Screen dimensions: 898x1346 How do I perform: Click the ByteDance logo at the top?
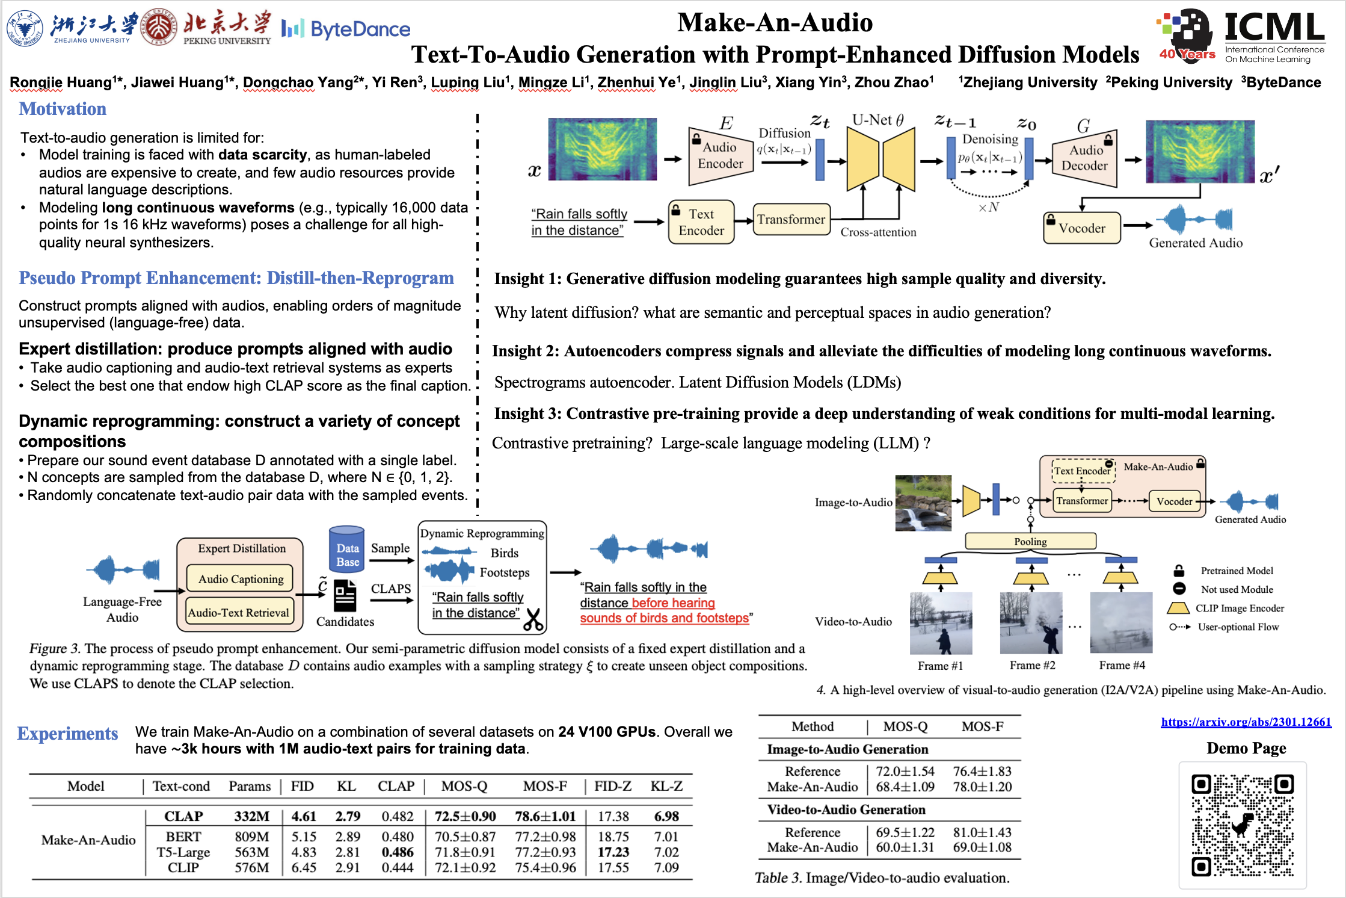[x=346, y=29]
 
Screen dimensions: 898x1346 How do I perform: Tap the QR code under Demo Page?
[x=1243, y=825]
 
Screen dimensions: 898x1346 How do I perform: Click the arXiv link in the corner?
[x=1246, y=722]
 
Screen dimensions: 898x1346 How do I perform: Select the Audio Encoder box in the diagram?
[x=720, y=155]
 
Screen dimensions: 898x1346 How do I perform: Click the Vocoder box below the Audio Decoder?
[x=1081, y=228]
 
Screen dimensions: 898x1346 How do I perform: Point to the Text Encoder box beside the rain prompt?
[x=701, y=222]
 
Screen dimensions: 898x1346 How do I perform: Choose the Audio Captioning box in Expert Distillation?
[x=241, y=578]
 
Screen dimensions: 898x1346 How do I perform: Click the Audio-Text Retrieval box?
[x=239, y=613]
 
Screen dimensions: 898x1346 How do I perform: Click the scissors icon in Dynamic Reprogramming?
[x=533, y=619]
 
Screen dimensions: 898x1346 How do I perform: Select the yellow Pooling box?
[x=1030, y=541]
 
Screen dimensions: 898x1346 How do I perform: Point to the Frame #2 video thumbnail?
[x=1031, y=623]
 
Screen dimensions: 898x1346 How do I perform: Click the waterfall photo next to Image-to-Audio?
[x=923, y=503]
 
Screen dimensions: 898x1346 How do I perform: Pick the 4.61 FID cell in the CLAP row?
[x=304, y=816]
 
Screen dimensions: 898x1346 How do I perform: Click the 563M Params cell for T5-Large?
[x=251, y=852]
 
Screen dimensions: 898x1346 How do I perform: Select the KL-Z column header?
[x=666, y=786]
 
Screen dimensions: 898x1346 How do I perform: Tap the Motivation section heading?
[x=63, y=109]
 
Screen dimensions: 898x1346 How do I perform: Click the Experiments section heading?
[x=67, y=733]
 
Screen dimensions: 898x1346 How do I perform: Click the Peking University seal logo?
[x=158, y=27]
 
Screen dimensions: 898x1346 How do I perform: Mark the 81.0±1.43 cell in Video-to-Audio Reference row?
[x=982, y=832]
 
